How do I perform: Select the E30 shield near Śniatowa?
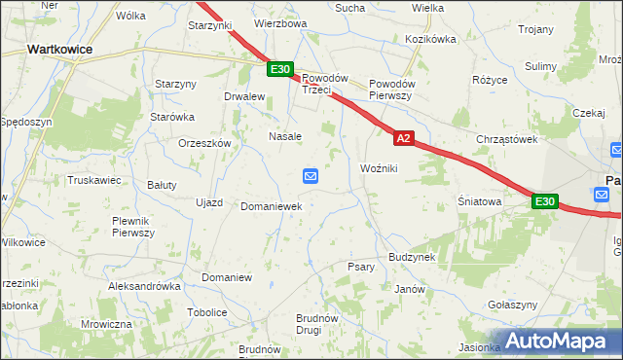click(544, 201)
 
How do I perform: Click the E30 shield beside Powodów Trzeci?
click(280, 68)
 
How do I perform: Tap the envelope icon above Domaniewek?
click(310, 175)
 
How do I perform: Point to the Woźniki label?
click(380, 168)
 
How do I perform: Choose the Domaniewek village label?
click(271, 207)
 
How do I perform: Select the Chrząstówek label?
click(507, 139)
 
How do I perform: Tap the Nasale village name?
click(285, 136)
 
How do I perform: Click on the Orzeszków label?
click(203, 142)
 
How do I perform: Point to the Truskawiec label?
click(93, 180)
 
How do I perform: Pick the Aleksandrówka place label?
click(145, 287)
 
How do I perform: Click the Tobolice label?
click(206, 312)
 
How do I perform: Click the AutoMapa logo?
click(559, 342)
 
